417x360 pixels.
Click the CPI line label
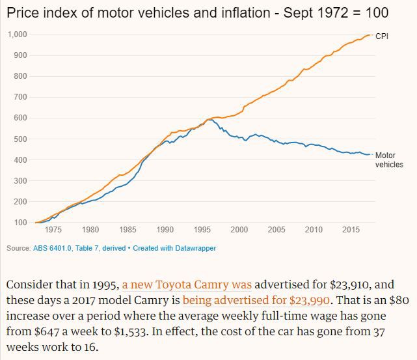pyautogui.click(x=382, y=36)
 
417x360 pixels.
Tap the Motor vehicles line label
pyautogui.click(x=389, y=160)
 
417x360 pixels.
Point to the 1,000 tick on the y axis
pyautogui.click(x=17, y=35)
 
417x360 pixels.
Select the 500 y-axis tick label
pyautogui.click(x=20, y=139)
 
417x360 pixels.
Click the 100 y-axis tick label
pyautogui.click(x=20, y=223)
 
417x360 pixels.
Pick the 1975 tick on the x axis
pyautogui.click(x=53, y=230)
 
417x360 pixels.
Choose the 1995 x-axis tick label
pyautogui.click(x=202, y=230)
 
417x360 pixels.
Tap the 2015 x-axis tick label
pyautogui.click(x=351, y=230)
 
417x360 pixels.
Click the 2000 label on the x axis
pyautogui.click(x=239, y=230)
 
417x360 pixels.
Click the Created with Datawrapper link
pyautogui.click(x=174, y=248)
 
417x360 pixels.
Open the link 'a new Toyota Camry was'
pyautogui.click(x=187, y=285)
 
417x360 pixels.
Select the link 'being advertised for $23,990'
pyautogui.click(x=256, y=301)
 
